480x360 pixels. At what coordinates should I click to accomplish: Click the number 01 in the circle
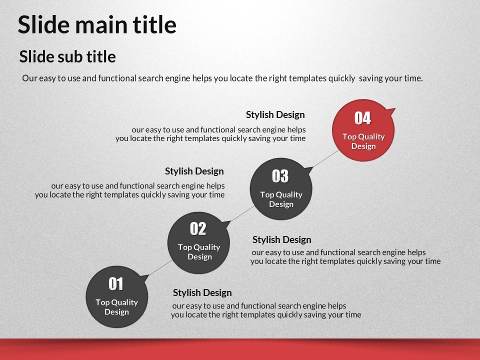(116, 284)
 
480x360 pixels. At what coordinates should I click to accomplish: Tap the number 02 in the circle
(198, 228)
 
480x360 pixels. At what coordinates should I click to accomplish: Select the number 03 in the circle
(280, 176)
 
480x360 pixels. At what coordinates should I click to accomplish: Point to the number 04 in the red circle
(363, 118)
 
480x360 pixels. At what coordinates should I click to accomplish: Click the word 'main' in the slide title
(101, 25)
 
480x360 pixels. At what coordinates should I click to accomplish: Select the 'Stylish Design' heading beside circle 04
(275, 115)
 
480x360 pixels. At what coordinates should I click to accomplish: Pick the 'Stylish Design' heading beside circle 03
(194, 171)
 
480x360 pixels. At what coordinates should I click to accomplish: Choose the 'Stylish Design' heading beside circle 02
(281, 239)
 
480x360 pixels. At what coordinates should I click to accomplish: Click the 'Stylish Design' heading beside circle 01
(202, 292)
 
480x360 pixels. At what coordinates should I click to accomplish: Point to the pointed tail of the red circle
(395, 108)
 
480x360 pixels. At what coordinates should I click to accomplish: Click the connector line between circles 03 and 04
(325, 159)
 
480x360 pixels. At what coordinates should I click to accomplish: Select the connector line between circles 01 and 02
(160, 268)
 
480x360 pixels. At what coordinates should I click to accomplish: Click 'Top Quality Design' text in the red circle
(363, 141)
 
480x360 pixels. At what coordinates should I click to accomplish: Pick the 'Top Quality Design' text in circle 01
(116, 307)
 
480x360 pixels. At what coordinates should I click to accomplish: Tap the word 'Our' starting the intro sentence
(29, 78)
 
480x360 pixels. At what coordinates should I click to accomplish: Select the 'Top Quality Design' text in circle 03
(281, 199)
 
